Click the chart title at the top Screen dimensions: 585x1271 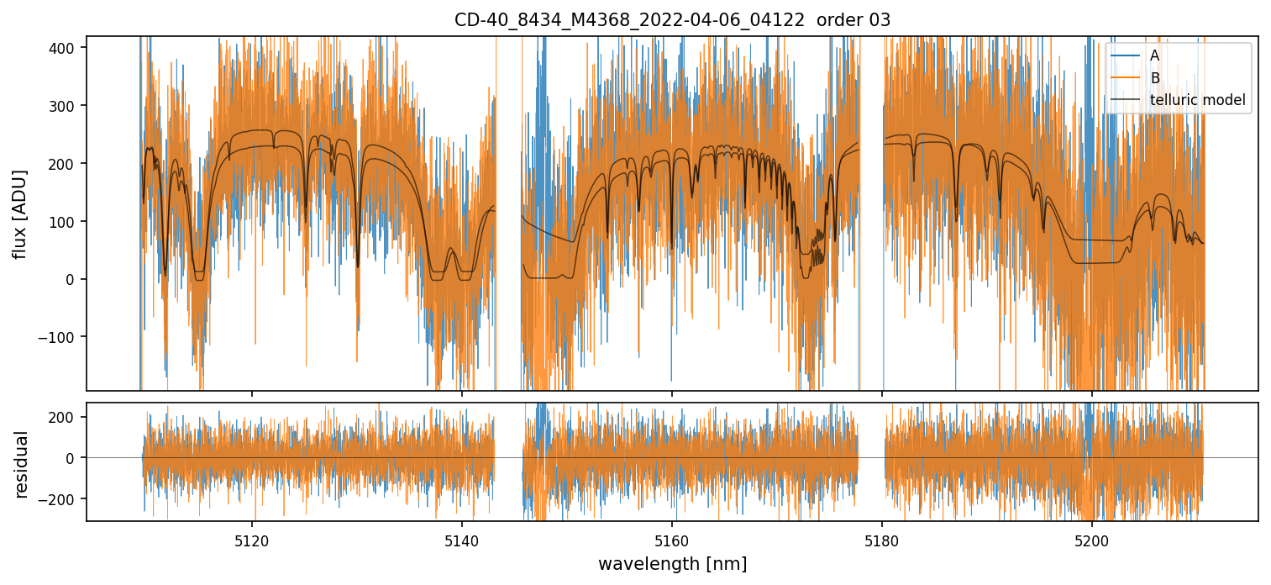[672, 19]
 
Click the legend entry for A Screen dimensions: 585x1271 [1154, 55]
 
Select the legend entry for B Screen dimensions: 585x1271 [1154, 78]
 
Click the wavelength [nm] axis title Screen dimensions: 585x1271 [672, 563]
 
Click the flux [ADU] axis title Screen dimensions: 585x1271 [19, 213]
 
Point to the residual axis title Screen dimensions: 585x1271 [21, 464]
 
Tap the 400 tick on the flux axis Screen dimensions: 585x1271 [65, 48]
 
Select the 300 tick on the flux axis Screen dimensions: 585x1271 [65, 106]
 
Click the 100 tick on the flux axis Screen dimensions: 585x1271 [65, 222]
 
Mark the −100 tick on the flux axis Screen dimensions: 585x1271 [60, 337]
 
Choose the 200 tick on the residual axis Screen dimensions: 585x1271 [65, 417]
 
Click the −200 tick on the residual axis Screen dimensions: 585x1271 [60, 499]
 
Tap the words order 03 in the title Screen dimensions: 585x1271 [853, 19]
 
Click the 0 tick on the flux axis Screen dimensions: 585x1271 [71, 279]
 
